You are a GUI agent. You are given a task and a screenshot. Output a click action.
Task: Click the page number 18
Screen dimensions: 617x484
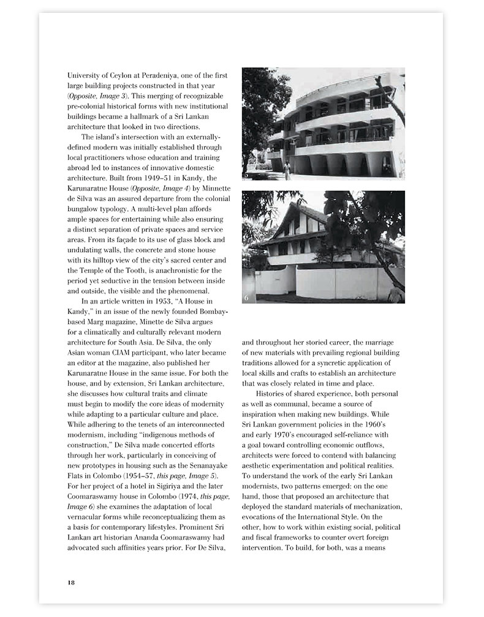tap(71, 581)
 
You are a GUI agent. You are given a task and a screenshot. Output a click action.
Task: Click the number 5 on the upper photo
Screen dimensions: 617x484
tap(247, 175)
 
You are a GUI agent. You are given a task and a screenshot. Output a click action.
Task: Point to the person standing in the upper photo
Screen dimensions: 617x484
tap(287, 167)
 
